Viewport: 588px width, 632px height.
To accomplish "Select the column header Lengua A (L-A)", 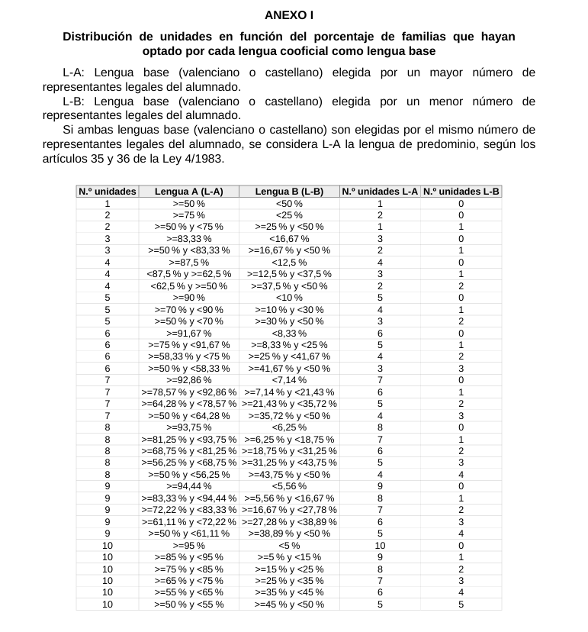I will (x=188, y=192).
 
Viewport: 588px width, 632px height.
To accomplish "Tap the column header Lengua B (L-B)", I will (x=289, y=192).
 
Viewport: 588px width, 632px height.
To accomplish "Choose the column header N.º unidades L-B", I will (x=461, y=192).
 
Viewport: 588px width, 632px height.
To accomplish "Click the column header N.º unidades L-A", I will (x=380, y=192).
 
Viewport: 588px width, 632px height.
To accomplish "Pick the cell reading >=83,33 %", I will (x=188, y=239).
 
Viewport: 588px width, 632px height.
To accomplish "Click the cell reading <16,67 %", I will (x=289, y=239).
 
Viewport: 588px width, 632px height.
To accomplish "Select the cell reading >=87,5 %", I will (x=188, y=263).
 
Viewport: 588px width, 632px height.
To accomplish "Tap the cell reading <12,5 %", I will (x=289, y=263).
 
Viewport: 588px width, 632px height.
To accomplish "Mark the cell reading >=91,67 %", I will (x=188, y=333).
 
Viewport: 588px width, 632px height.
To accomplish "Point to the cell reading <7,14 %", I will (x=289, y=380).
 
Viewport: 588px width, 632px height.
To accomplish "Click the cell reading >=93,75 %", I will (x=188, y=427).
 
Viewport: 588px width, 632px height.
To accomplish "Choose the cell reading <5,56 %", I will (x=289, y=486).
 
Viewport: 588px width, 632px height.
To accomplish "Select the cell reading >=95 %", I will (x=188, y=546).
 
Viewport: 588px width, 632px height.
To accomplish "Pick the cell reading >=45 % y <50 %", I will (x=289, y=605).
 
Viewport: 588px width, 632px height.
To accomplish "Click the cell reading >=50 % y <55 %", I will (x=188, y=605).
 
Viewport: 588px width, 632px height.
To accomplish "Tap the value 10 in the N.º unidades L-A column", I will (x=380, y=546).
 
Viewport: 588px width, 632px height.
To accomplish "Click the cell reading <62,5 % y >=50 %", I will (x=188, y=286).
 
